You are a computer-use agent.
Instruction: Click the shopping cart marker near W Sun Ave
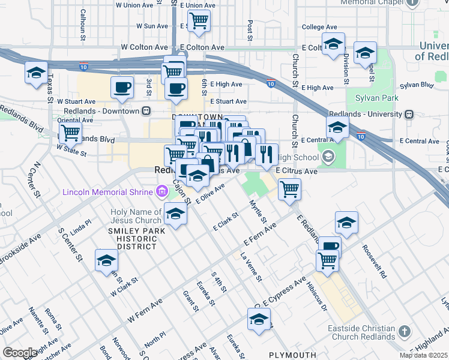click(x=199, y=21)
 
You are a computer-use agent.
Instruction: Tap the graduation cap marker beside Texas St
click(x=37, y=73)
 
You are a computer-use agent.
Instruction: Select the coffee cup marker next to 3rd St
click(x=122, y=88)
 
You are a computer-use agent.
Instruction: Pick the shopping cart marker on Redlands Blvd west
click(x=71, y=132)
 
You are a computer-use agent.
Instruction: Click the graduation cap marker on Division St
click(x=334, y=44)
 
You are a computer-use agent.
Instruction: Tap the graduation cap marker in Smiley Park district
click(x=106, y=260)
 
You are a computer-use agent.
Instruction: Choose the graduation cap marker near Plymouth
click(x=259, y=319)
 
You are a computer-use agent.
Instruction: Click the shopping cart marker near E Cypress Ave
click(x=327, y=260)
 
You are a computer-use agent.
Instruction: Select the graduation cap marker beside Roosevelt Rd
click(x=346, y=223)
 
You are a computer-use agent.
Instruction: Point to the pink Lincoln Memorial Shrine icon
click(x=161, y=191)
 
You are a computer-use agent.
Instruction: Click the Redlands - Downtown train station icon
click(x=146, y=111)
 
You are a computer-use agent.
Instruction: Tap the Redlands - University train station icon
click(x=409, y=114)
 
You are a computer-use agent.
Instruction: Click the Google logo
click(x=20, y=352)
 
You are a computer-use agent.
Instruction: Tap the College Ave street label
click(x=319, y=27)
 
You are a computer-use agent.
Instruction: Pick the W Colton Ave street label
click(x=144, y=47)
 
